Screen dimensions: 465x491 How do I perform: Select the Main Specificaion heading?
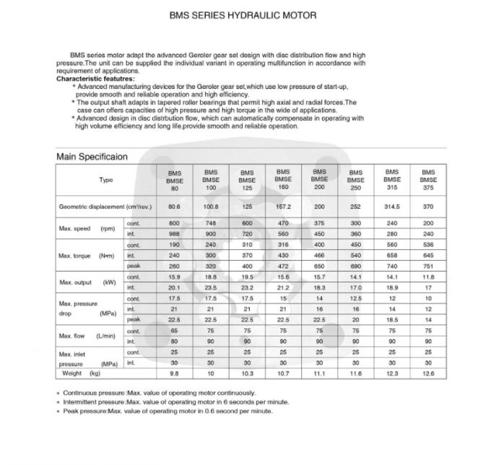pyautogui.click(x=92, y=155)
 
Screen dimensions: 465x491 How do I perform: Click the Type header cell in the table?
pyautogui.click(x=106, y=180)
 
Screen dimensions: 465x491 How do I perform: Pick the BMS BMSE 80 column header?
pyautogui.click(x=174, y=181)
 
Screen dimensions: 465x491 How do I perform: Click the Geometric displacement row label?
pyautogui.click(x=105, y=207)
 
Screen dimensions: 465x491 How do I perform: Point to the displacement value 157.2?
pyautogui.click(x=283, y=207)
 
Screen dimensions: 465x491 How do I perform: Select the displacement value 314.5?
pyautogui.click(x=392, y=207)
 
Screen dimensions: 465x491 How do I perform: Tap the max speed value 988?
pyautogui.click(x=174, y=234)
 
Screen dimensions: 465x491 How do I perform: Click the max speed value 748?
pyautogui.click(x=211, y=224)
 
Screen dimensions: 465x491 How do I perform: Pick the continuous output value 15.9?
pyautogui.click(x=174, y=277)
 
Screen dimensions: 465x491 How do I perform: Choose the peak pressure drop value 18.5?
pyautogui.click(x=392, y=319)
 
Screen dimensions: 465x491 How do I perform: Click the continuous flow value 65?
pyautogui.click(x=174, y=330)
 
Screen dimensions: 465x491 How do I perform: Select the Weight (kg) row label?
pyautogui.click(x=82, y=374)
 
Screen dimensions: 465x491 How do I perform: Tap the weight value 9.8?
pyautogui.click(x=174, y=374)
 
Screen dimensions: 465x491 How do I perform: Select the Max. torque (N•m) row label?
pyautogui.click(x=87, y=256)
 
